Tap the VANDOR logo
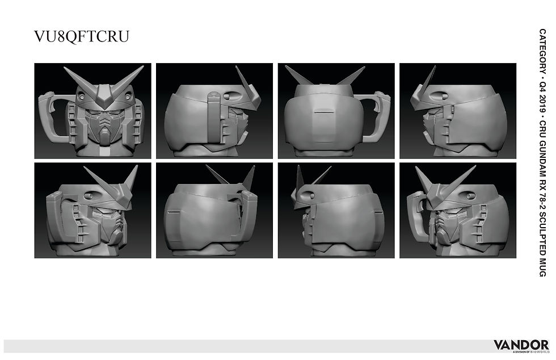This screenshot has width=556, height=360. pyautogui.click(x=520, y=345)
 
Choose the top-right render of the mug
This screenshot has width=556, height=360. pyautogui.click(x=458, y=111)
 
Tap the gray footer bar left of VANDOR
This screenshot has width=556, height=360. pyautogui.click(x=244, y=345)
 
